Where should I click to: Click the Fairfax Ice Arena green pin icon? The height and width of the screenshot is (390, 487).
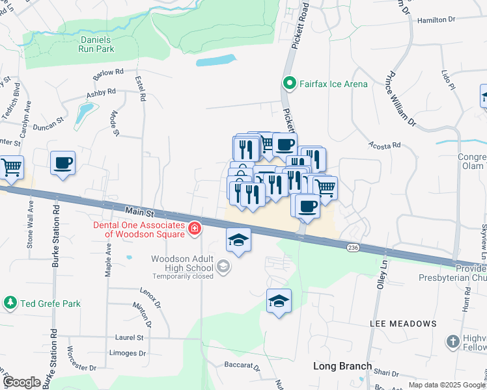tap(289, 83)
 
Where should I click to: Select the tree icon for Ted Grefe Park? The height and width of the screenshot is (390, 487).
tap(10, 303)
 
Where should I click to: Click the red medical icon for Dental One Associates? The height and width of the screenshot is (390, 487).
tap(193, 228)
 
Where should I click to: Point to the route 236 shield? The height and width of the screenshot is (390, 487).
tap(353, 248)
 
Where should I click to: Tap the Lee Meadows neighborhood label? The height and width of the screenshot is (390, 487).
tap(403, 323)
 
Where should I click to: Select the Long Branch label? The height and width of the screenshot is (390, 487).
tap(342, 366)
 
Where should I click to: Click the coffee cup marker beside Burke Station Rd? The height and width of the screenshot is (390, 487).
tap(63, 163)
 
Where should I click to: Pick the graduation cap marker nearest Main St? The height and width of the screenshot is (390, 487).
tap(238, 240)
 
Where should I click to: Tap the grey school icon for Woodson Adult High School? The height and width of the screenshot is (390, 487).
tap(223, 266)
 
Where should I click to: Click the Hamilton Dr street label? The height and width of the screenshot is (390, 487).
tap(436, 20)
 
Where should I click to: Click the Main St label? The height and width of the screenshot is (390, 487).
tap(139, 212)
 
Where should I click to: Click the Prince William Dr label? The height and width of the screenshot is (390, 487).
tap(400, 97)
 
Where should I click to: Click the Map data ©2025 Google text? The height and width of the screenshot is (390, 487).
tap(447, 385)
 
